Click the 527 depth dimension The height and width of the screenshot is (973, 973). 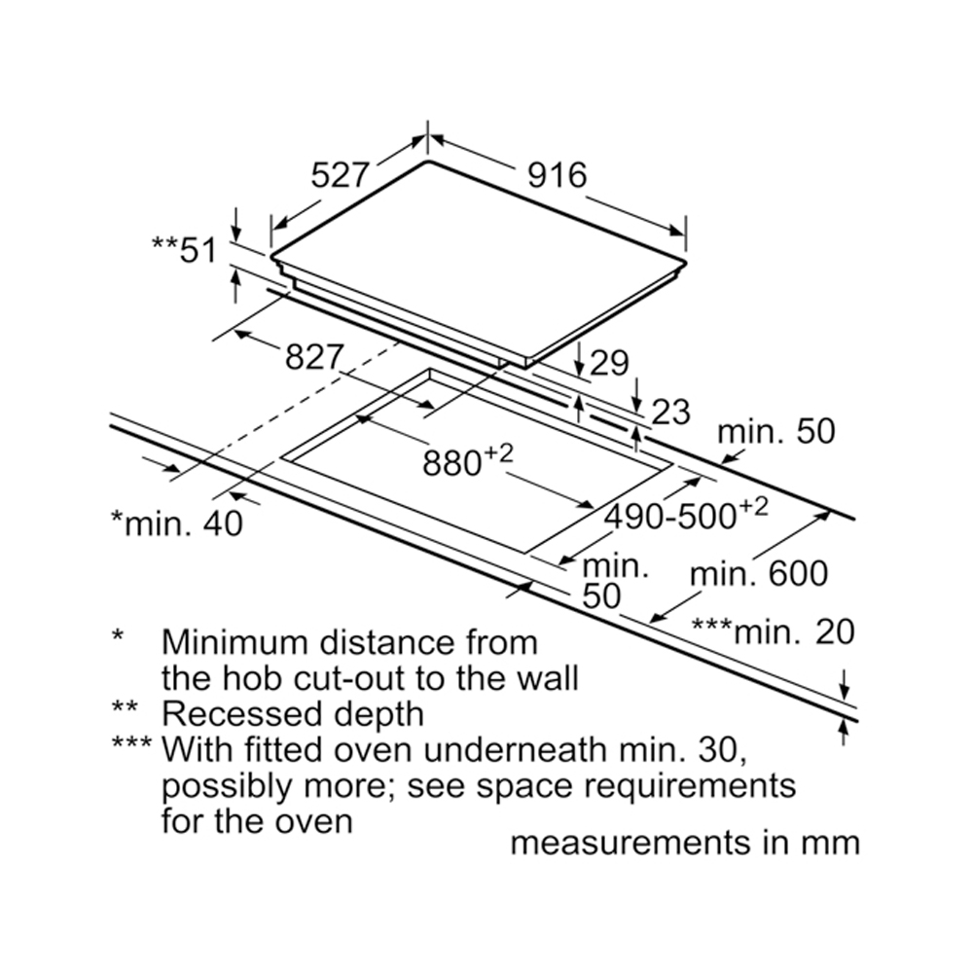click(x=341, y=175)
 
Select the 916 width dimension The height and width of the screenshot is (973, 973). click(x=558, y=175)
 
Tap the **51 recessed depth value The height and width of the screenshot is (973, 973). click(x=184, y=249)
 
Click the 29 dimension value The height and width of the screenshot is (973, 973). click(x=609, y=362)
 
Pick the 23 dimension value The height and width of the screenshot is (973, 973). click(x=669, y=412)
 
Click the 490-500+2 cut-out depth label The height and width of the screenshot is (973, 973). click(x=686, y=514)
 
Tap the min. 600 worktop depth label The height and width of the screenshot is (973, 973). click(x=759, y=574)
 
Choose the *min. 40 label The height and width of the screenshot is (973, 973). click(x=176, y=523)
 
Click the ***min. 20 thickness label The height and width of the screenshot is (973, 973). click(x=773, y=632)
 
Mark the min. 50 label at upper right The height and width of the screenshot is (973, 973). click(x=776, y=431)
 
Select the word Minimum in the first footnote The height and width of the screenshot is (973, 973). click(x=238, y=642)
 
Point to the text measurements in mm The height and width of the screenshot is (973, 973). click(x=685, y=843)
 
